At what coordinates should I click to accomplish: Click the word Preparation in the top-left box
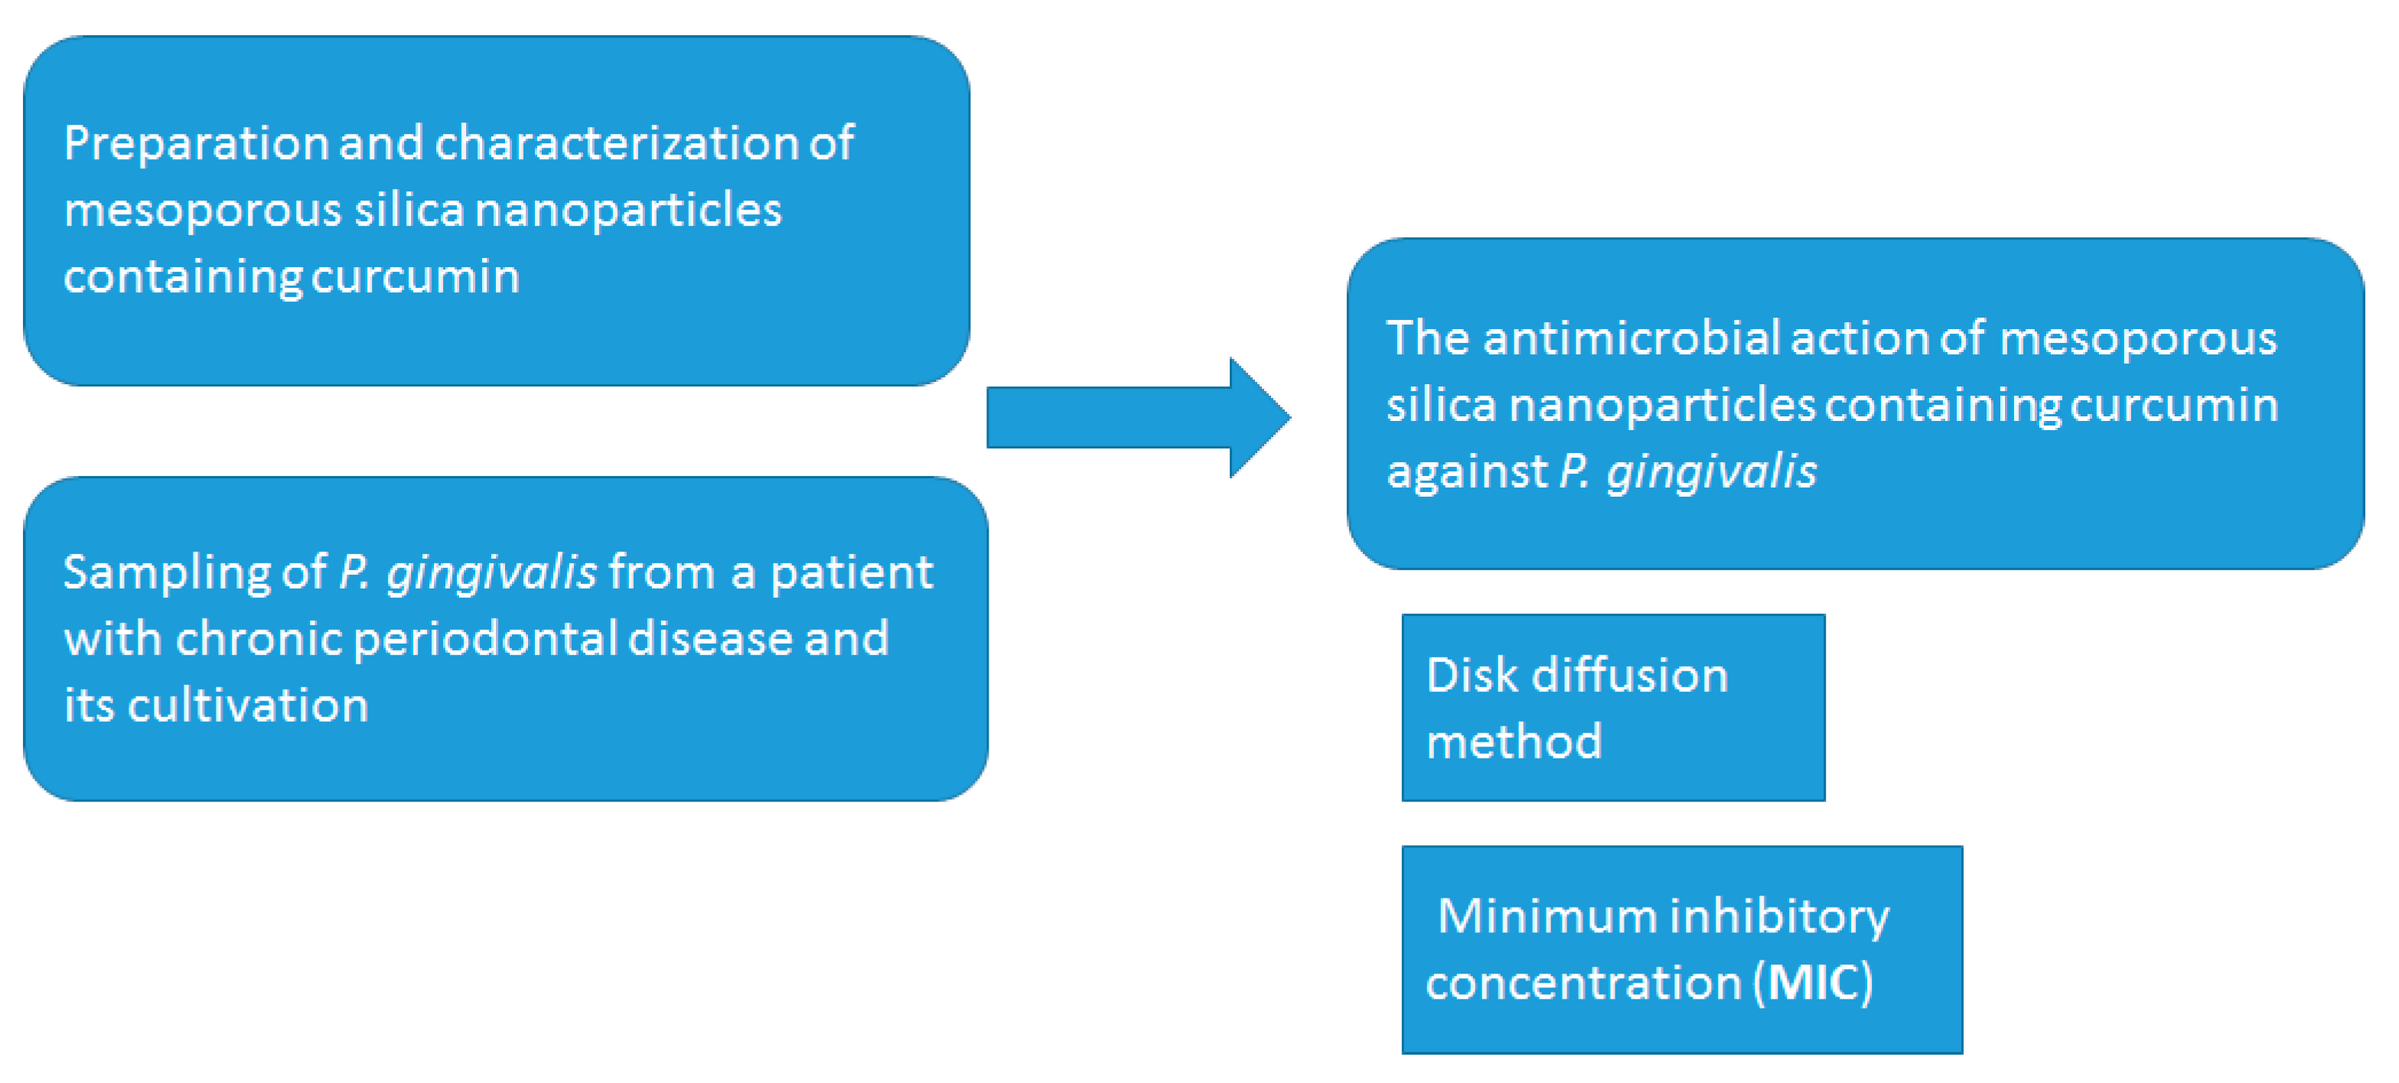click(196, 145)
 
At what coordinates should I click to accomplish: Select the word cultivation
click(248, 706)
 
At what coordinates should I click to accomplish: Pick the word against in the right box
click(1467, 471)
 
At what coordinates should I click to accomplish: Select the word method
click(1514, 742)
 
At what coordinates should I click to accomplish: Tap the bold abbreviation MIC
click(1811, 984)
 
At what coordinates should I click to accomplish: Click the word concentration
click(1583, 984)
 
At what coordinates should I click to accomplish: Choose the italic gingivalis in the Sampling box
click(491, 573)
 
